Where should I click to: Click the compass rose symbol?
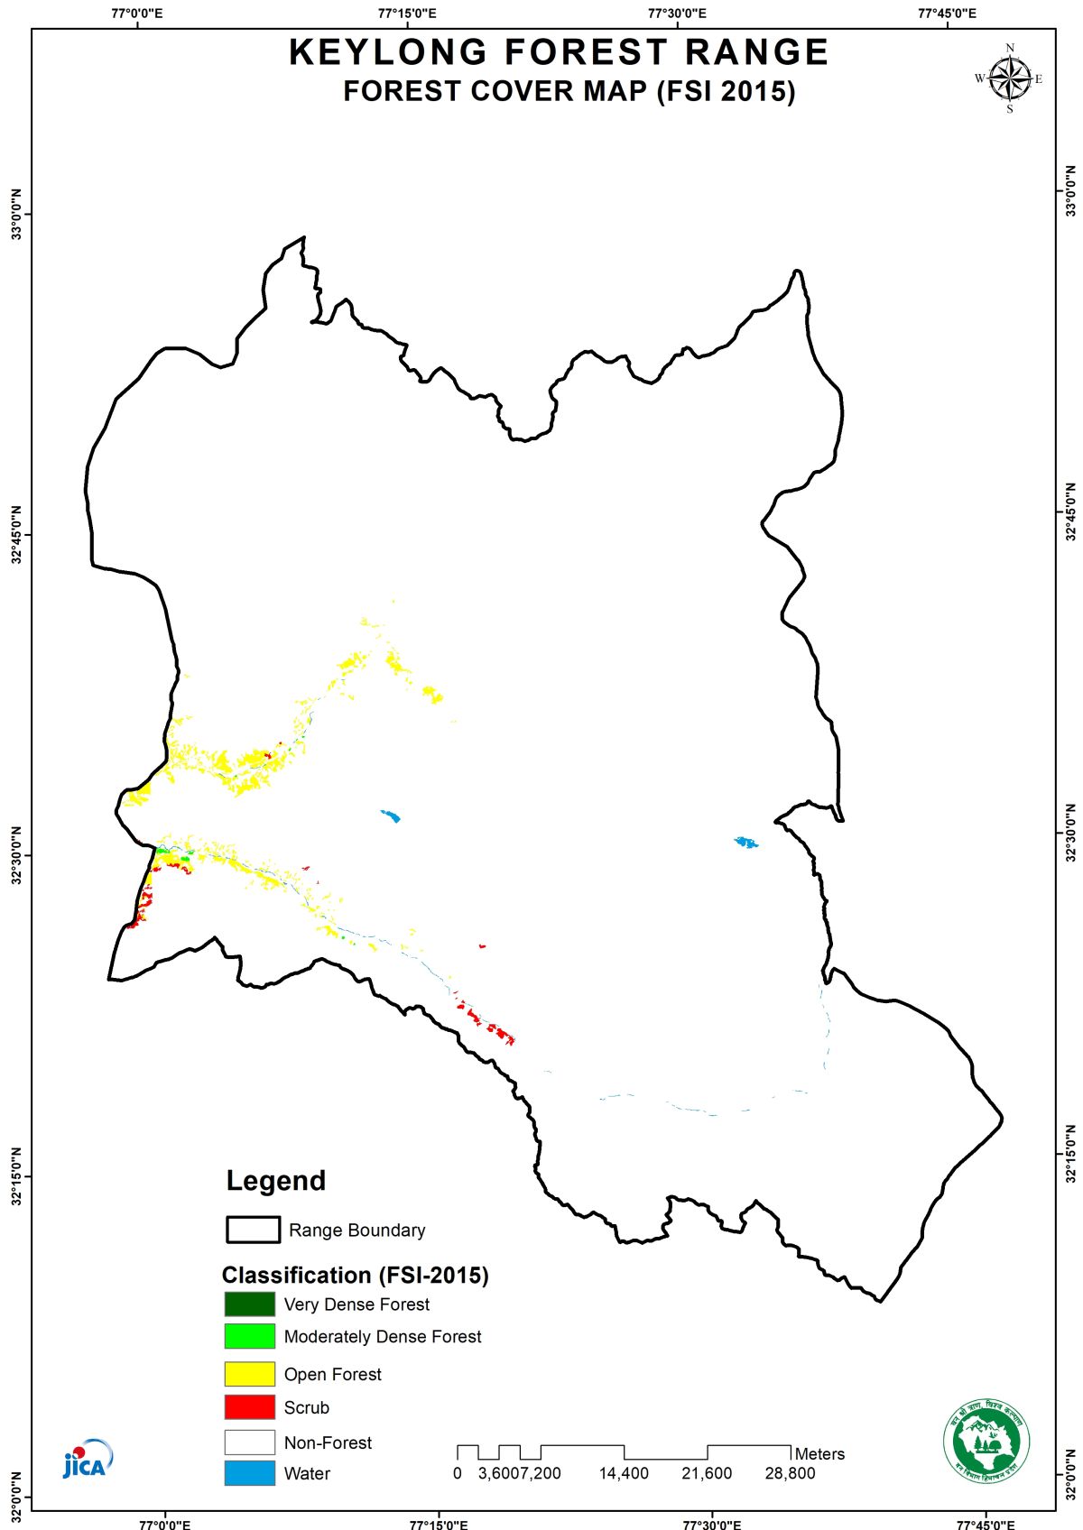[x=1009, y=78]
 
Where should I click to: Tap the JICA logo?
[x=88, y=1459]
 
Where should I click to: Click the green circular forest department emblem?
[x=986, y=1441]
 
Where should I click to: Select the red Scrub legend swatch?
[x=249, y=1407]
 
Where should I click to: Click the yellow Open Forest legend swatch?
[x=249, y=1374]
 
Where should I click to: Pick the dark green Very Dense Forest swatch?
[x=249, y=1304]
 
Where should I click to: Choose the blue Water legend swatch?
[x=249, y=1473]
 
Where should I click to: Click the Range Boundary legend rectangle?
[x=253, y=1230]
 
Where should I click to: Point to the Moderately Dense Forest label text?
[x=383, y=1337]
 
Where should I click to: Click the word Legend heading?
[x=275, y=1181]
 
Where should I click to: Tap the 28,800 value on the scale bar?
[x=790, y=1473]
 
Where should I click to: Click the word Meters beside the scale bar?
[x=819, y=1454]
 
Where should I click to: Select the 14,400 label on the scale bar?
[x=624, y=1473]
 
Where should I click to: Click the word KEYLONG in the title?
[x=387, y=52]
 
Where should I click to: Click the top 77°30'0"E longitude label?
[x=677, y=14]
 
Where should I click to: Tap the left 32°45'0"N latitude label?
[x=16, y=535]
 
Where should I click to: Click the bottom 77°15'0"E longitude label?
[x=439, y=1525]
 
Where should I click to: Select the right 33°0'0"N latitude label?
[x=1070, y=190]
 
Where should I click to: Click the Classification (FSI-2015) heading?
[x=355, y=1275]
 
